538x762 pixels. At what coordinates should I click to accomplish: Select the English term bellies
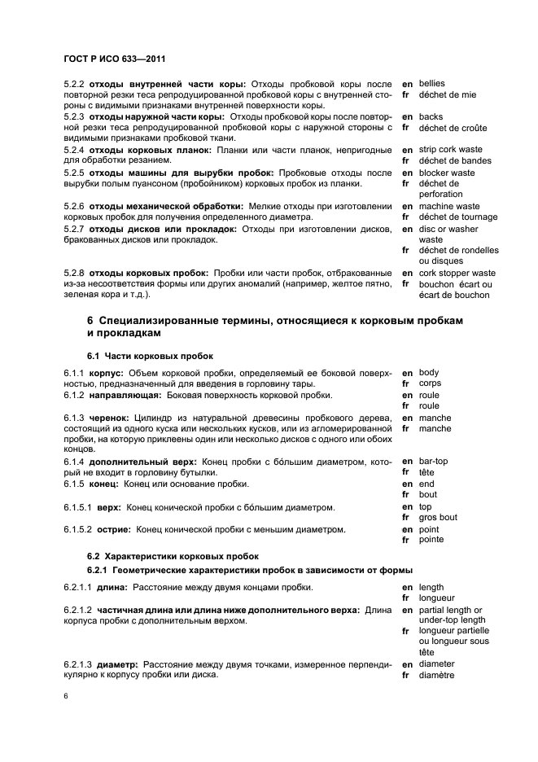pyautogui.click(x=431, y=84)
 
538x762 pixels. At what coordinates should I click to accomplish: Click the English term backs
pyautogui.click(x=431, y=117)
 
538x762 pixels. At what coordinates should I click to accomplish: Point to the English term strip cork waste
pyautogui.click(x=451, y=150)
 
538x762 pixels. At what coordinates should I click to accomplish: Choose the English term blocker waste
pyautogui.click(x=447, y=173)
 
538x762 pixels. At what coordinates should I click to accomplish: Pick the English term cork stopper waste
pyautogui.click(x=457, y=273)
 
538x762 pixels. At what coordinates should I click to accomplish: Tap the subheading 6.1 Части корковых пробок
pyautogui.click(x=138, y=356)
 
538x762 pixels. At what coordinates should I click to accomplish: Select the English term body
pyautogui.click(x=429, y=372)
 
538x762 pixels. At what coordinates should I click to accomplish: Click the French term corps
pyautogui.click(x=430, y=383)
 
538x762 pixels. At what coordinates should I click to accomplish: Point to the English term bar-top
pyautogui.click(x=433, y=461)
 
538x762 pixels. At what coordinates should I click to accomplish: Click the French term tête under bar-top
pyautogui.click(x=426, y=472)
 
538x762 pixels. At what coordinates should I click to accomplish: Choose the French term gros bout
pyautogui.click(x=438, y=517)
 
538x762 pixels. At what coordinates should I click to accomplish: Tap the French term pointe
pyautogui.click(x=431, y=540)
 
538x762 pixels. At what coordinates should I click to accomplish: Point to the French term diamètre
pyautogui.click(x=436, y=675)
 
